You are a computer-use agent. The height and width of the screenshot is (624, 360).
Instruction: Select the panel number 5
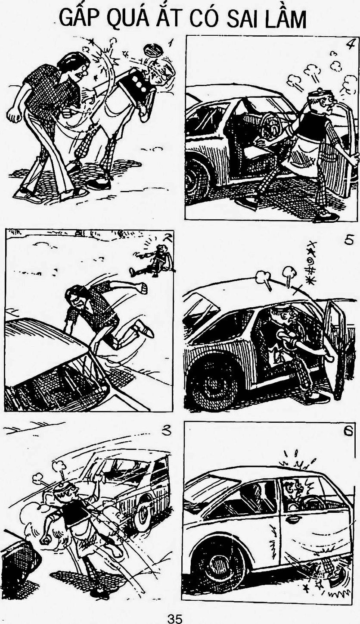click(x=348, y=240)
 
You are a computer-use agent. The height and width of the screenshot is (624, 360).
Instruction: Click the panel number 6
click(x=348, y=431)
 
